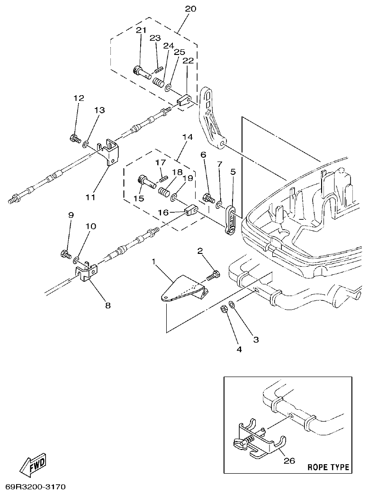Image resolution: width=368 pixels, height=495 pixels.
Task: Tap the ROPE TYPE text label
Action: (x=328, y=467)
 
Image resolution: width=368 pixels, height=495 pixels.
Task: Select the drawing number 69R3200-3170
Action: (x=36, y=487)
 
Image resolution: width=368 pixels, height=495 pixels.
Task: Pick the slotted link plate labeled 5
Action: (x=230, y=219)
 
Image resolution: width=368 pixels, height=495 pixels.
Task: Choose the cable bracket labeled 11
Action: (x=112, y=152)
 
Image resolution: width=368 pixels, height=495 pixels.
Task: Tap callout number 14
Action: (x=187, y=137)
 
